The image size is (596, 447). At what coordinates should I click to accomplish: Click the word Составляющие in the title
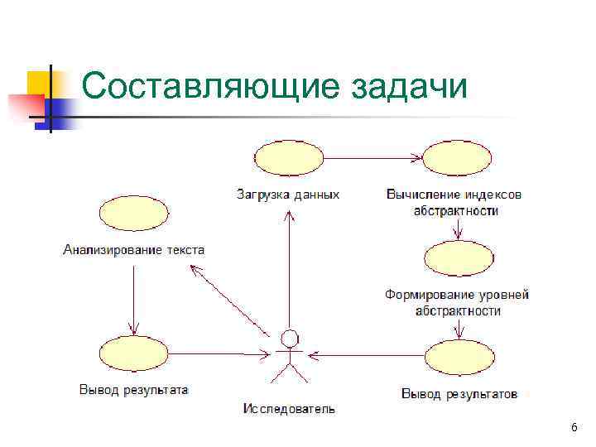click(210, 86)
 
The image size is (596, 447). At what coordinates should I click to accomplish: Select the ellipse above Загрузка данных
click(288, 157)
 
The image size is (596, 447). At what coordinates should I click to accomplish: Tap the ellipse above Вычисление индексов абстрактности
click(459, 157)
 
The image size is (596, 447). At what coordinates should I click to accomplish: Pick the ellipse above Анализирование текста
click(134, 214)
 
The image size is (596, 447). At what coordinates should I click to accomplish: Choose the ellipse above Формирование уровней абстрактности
click(459, 257)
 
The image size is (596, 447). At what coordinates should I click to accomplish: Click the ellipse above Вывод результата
click(133, 354)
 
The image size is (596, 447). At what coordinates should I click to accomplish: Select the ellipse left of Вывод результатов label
click(459, 358)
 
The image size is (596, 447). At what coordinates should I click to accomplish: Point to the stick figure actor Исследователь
click(289, 356)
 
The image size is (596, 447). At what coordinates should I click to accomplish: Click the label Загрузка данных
click(287, 195)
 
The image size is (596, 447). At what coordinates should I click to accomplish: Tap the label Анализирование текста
click(133, 249)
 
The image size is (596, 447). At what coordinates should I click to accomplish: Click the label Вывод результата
click(133, 388)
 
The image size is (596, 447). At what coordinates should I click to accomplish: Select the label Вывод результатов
click(459, 393)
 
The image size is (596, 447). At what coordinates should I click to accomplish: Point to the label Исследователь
click(289, 408)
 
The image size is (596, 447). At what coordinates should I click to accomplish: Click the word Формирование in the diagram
click(425, 295)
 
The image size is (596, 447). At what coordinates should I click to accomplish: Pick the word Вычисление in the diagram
click(421, 195)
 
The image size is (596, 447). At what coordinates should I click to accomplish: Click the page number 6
click(574, 427)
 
